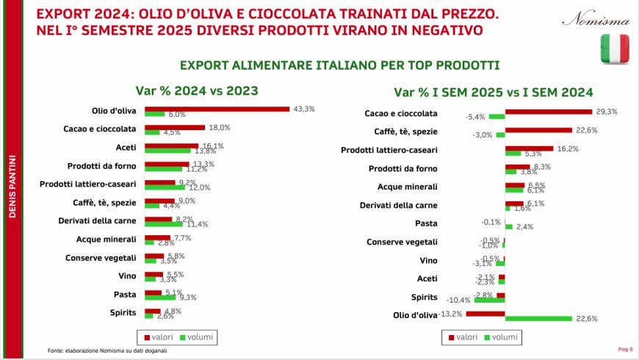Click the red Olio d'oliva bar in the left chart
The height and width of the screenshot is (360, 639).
pyautogui.click(x=217, y=109)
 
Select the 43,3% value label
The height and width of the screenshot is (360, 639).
pyautogui.click(x=304, y=109)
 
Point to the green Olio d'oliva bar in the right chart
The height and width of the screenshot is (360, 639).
pyautogui.click(x=538, y=318)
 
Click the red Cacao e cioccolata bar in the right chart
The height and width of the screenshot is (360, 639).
pyautogui.click(x=548, y=112)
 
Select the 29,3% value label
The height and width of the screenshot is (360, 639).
pyautogui.click(x=607, y=112)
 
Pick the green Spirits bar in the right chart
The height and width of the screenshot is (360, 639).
pyautogui.click(x=489, y=300)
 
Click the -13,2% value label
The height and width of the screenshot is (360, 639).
pyautogui.click(x=450, y=314)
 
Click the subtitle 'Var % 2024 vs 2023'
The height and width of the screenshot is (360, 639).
pyautogui.click(x=195, y=92)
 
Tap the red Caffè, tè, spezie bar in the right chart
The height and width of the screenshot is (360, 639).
pyautogui.click(x=538, y=130)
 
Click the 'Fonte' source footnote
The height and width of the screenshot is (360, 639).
pyautogui.click(x=107, y=350)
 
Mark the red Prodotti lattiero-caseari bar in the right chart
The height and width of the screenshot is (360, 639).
pyautogui.click(x=529, y=148)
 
